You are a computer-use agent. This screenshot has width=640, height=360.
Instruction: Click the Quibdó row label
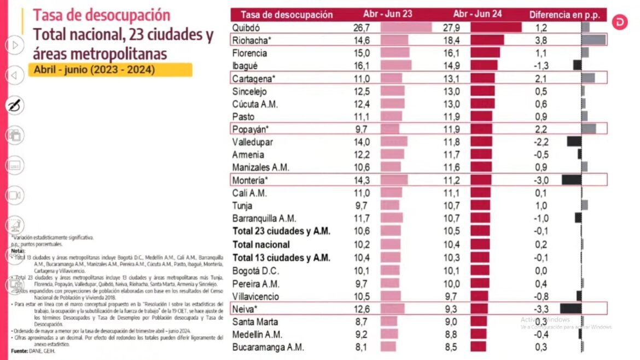click(246, 27)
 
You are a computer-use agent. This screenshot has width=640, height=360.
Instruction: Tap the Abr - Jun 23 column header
click(388, 15)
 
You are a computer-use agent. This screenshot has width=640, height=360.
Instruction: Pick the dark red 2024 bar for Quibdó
click(496, 27)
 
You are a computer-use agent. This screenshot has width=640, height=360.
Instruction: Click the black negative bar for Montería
click(571, 179)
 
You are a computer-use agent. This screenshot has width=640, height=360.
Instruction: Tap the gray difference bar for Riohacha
click(594, 40)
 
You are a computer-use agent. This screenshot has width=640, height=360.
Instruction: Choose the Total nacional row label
click(261, 245)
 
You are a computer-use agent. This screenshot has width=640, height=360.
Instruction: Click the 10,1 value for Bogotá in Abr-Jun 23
click(362, 270)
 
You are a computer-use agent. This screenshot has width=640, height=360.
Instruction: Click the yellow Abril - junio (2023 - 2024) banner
click(109, 70)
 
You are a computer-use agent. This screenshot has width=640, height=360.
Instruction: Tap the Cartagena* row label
click(254, 79)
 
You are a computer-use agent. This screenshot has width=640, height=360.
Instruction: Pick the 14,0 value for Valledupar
click(362, 142)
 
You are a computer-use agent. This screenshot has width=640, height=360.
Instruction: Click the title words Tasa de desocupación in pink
click(102, 15)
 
